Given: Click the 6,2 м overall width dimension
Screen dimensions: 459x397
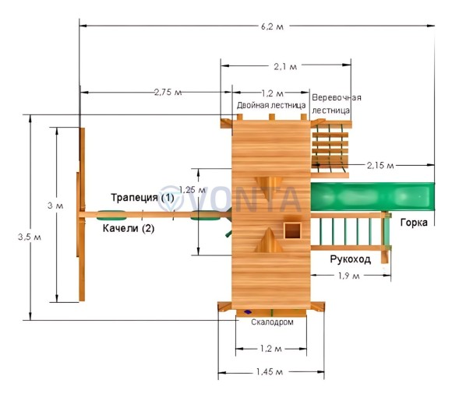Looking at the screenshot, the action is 272,26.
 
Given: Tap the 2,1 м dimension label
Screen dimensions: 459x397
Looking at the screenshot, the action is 285,67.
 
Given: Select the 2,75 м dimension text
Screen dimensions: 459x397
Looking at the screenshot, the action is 168,93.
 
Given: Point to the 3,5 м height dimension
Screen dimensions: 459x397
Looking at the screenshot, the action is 30,237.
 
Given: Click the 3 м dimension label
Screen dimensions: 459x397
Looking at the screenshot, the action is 55,206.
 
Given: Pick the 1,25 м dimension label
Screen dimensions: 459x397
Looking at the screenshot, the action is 192,190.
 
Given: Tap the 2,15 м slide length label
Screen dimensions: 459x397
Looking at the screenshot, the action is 380,166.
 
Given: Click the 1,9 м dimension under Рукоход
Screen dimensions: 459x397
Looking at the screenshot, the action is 348,276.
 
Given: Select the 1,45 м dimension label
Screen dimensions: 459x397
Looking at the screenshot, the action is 270,372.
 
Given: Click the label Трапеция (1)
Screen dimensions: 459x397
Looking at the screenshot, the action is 143,198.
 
